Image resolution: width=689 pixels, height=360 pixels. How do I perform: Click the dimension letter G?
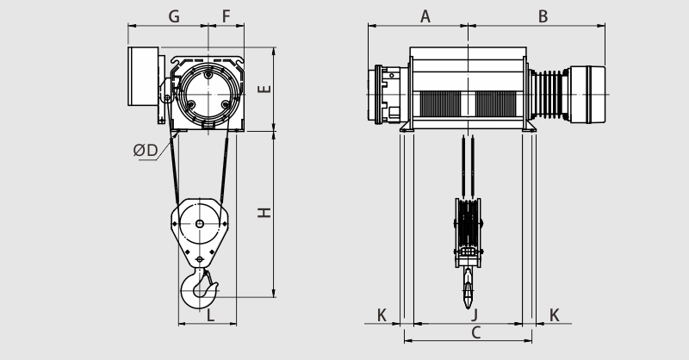[x=174, y=16]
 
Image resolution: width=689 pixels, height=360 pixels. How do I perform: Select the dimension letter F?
[x=226, y=16]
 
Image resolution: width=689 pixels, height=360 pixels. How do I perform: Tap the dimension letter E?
[x=264, y=89]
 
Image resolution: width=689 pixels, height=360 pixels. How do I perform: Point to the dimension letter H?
[x=264, y=213]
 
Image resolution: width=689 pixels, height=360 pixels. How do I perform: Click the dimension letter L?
[x=210, y=314]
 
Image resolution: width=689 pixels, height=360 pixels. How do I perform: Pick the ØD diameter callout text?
[x=146, y=151]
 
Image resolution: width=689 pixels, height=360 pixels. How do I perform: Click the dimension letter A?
[x=425, y=16]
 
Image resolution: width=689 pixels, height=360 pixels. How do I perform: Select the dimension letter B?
[x=543, y=16]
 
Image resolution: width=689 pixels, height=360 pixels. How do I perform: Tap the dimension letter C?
[x=476, y=332]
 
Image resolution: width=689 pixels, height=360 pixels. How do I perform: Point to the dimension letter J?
[x=475, y=314]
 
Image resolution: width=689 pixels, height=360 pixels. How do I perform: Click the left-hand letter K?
[x=382, y=314]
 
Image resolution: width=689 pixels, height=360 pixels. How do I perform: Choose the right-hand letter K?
[x=555, y=314]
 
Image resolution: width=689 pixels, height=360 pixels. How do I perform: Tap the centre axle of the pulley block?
[x=200, y=224]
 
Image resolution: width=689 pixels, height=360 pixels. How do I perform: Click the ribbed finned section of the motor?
[x=548, y=95]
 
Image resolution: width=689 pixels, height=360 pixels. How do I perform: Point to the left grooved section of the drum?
[x=440, y=103]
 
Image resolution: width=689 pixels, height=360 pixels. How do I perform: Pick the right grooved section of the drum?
[x=497, y=103]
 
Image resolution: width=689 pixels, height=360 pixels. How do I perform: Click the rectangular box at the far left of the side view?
[x=143, y=76]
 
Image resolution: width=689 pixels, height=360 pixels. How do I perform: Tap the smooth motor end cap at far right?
[x=587, y=95]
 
